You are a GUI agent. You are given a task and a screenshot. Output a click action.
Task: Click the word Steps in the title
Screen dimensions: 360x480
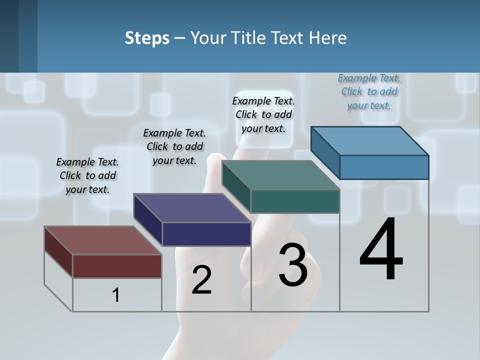point(147,38)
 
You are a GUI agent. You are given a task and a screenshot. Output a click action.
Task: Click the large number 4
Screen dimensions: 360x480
point(381,250)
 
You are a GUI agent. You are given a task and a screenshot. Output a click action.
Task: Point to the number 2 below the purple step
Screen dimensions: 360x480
point(201,280)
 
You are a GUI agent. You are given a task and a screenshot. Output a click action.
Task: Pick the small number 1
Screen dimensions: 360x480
point(116,295)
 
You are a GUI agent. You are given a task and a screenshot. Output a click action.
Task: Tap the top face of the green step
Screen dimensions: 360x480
point(280,175)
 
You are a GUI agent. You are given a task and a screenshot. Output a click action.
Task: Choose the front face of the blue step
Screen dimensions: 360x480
point(384,167)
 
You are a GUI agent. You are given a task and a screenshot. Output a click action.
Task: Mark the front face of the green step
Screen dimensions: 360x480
point(295,201)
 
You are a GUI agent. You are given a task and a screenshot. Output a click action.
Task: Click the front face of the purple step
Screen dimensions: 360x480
point(206,234)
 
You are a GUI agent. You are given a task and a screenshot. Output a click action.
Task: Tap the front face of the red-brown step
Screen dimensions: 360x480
point(117,266)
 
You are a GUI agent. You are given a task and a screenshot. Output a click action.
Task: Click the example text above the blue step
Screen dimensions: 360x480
point(369,92)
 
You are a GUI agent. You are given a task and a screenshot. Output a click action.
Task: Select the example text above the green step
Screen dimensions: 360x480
point(263,114)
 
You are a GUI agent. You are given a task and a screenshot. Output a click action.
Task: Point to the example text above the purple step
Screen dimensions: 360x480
point(174,146)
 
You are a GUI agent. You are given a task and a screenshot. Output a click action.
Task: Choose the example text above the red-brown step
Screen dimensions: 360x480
point(87,175)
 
